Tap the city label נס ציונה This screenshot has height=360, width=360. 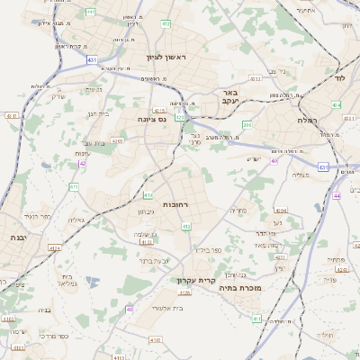click(x=151, y=119)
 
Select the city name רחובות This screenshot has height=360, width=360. click(x=176, y=204)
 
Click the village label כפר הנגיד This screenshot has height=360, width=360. click(x=36, y=216)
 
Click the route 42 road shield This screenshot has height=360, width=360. click(x=83, y=163)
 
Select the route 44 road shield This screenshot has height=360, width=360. click(x=336, y=194)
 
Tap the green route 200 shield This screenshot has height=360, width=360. click(x=247, y=124)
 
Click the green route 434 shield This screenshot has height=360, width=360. click(x=336, y=105)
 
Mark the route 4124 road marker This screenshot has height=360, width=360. click(x=55, y=247)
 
